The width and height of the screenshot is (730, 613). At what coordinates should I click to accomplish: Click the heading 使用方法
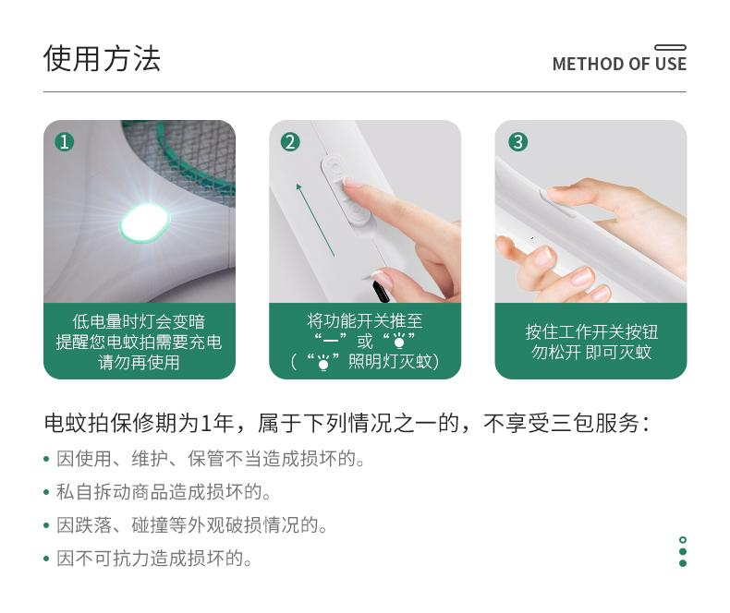click(102, 58)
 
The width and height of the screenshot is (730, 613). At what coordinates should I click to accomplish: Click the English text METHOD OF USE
click(619, 65)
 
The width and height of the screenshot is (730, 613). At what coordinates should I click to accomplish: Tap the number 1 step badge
click(65, 142)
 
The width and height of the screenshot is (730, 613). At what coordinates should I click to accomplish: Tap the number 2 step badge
click(290, 142)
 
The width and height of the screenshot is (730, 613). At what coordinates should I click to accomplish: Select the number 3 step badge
click(518, 142)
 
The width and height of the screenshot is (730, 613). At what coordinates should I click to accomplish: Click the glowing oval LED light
click(145, 223)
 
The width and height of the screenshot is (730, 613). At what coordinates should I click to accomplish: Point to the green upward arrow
click(315, 220)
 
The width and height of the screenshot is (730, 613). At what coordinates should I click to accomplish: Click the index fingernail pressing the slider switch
click(352, 182)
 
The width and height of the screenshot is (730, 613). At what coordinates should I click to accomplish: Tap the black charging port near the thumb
click(380, 291)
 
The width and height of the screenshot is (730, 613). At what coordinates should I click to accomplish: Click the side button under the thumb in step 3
click(556, 203)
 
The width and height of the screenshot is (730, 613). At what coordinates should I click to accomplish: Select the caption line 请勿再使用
click(139, 362)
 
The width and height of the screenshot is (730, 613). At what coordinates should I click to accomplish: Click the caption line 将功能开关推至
click(364, 321)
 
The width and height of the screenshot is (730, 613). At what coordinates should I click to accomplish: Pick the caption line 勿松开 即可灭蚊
click(591, 352)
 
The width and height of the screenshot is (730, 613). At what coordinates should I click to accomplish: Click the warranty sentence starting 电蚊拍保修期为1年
click(347, 423)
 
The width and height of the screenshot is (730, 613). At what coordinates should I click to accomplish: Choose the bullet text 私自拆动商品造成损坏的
click(163, 492)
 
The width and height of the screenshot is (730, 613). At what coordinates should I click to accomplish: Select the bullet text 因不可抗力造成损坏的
click(153, 559)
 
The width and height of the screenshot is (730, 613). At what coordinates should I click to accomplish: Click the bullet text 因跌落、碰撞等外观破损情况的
click(192, 525)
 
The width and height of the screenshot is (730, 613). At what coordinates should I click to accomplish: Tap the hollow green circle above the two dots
click(683, 540)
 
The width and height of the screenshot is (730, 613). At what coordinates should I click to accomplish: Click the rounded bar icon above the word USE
click(671, 47)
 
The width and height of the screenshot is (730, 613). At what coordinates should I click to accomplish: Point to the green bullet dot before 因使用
click(46, 459)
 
